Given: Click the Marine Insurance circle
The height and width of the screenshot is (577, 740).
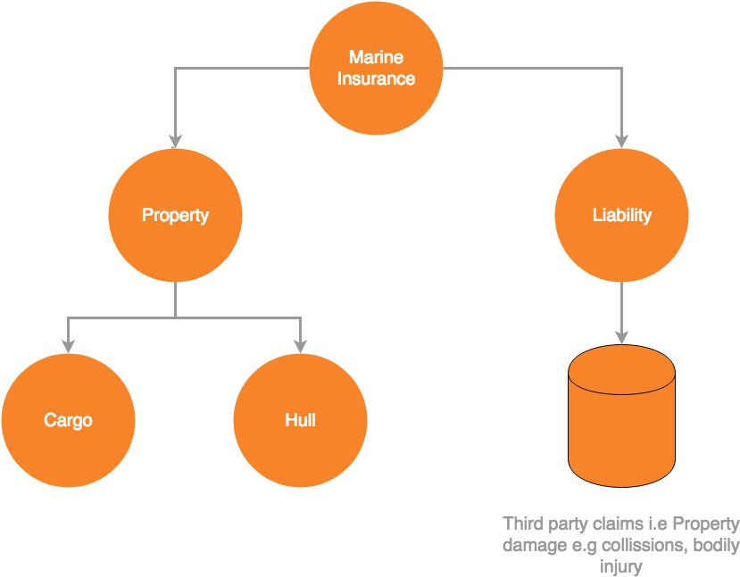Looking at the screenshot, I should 376,69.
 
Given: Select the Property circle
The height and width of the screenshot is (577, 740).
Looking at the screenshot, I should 175,215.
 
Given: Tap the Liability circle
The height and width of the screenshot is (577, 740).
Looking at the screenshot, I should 621,215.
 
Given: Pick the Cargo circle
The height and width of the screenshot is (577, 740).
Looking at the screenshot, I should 68,420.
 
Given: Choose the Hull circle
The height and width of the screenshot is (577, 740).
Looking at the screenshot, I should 300,420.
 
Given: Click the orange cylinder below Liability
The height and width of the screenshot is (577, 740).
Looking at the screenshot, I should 621,424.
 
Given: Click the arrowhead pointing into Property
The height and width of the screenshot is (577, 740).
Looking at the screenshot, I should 175,141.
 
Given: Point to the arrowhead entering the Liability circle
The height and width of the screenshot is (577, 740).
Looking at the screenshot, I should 621,141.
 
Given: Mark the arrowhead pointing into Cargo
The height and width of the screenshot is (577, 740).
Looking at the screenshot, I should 68,346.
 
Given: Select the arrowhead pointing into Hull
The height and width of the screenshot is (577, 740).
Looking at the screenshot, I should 300,346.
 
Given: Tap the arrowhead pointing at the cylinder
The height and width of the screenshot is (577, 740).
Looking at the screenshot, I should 621,337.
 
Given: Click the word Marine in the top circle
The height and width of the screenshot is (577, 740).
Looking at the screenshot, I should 376,58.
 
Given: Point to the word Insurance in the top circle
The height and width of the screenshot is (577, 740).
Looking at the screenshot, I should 376,78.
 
